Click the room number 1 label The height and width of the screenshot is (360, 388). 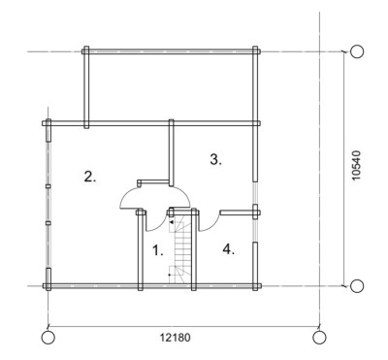tap(158, 250)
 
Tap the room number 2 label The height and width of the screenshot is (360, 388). tap(90, 177)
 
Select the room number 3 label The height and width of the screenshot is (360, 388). tap(215, 159)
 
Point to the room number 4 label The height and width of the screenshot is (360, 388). tap(228, 249)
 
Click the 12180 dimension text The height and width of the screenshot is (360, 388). tap(176, 338)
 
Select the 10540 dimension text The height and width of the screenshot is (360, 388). tap(356, 166)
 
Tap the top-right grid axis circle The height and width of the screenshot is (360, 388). tap(357, 51)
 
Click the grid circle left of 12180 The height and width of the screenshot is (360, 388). tap(48, 338)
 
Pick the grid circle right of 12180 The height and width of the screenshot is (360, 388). tap(319, 338)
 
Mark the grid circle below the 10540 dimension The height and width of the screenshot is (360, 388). tap(357, 286)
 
